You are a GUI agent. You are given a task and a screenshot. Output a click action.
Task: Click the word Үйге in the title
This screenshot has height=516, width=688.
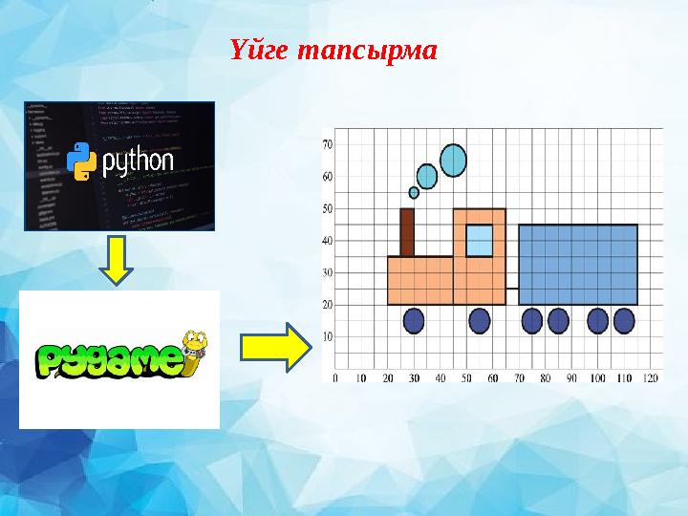(x=260, y=49)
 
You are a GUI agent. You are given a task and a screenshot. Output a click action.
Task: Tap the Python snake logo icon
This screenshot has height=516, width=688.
(x=84, y=161)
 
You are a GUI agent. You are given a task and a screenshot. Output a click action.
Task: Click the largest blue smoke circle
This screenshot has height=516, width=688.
(x=453, y=160)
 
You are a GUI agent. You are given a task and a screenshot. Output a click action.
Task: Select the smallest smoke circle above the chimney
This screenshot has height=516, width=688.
(x=414, y=192)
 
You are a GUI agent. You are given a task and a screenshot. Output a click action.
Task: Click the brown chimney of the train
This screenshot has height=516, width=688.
(x=407, y=232)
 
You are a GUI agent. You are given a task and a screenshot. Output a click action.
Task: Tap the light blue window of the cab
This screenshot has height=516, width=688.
(x=479, y=240)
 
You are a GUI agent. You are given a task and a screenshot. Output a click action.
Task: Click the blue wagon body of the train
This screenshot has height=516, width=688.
(x=578, y=265)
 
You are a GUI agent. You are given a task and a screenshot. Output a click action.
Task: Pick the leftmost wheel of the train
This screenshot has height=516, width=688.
(x=414, y=320)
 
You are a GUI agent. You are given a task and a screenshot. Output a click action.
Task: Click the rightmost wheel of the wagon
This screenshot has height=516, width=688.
(x=624, y=320)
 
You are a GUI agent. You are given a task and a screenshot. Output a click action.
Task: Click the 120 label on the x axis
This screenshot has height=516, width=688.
(x=652, y=378)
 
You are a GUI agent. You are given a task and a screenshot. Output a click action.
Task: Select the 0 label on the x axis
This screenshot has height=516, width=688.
(x=334, y=378)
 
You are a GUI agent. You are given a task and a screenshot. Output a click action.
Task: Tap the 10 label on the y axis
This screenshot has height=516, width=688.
(x=327, y=336)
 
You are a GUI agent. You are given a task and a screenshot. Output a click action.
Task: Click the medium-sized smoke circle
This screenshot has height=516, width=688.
(x=427, y=176)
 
